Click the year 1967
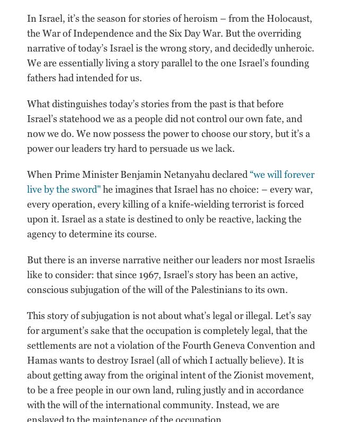tap(149, 275)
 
